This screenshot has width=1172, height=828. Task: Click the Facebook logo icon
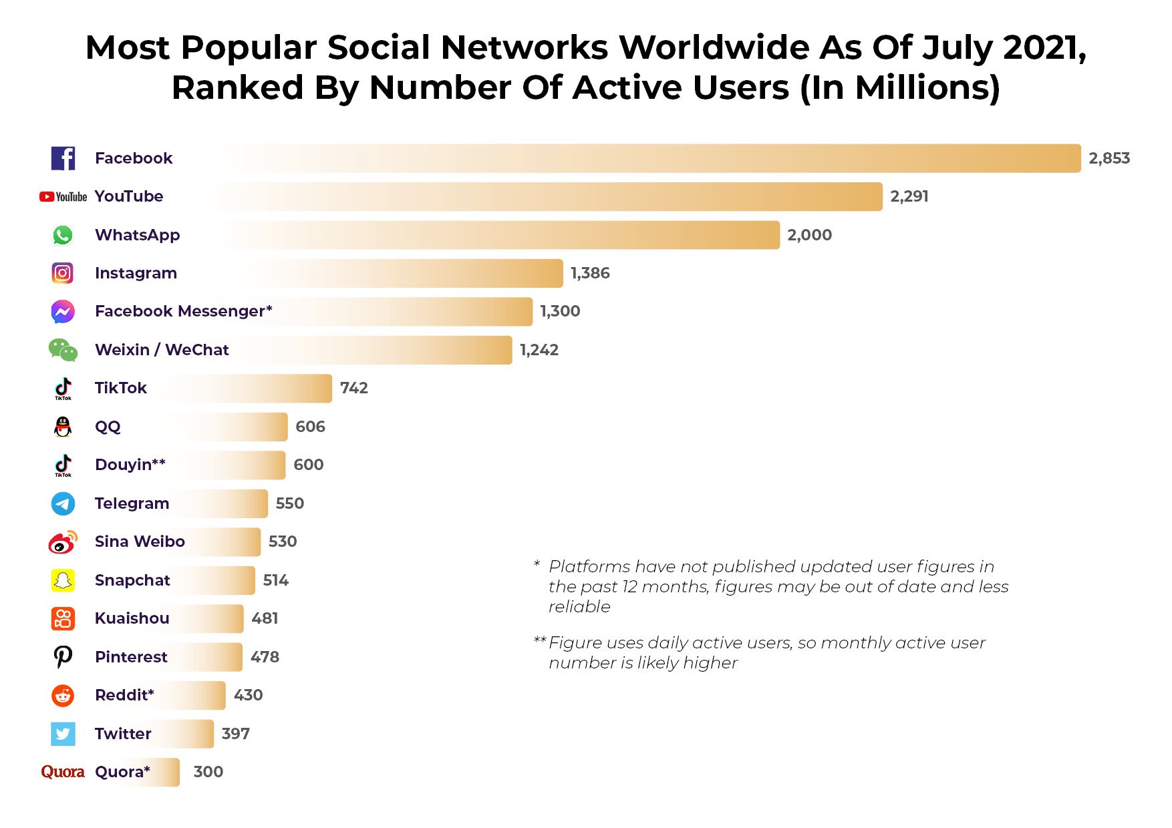[63, 158]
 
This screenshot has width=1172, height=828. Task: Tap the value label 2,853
[1109, 158]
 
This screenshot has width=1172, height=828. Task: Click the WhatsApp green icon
[63, 235]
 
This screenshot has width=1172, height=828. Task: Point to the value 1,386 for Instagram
[589, 273]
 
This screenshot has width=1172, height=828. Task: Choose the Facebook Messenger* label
[183, 311]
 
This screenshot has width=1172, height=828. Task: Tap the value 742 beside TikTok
[353, 388]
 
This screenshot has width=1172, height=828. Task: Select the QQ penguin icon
[63, 427]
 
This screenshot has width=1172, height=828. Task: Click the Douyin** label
[130, 465]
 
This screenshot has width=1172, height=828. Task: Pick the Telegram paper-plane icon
[63, 503]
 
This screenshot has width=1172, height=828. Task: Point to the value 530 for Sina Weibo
[282, 542]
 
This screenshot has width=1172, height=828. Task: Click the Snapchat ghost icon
[63, 580]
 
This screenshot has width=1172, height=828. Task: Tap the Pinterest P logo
[63, 657]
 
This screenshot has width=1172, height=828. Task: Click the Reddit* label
[124, 695]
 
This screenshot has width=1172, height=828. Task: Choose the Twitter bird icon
[63, 734]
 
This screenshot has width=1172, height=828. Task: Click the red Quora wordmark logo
[63, 772]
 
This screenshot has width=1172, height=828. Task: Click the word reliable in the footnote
[579, 606]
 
